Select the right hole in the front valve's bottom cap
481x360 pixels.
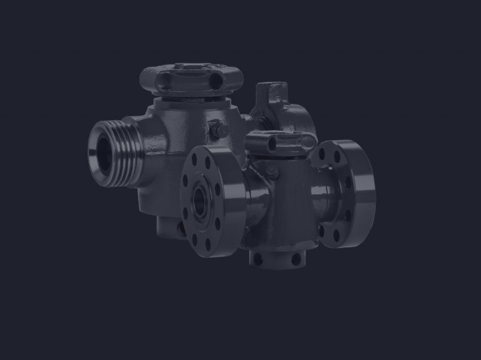tap(294, 258)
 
